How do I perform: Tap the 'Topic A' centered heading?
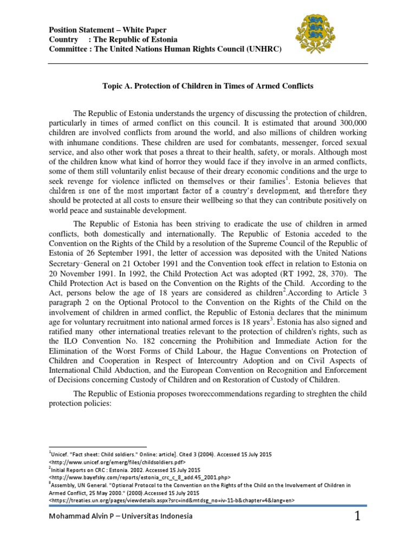(208, 86)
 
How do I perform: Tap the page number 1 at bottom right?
(357, 517)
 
